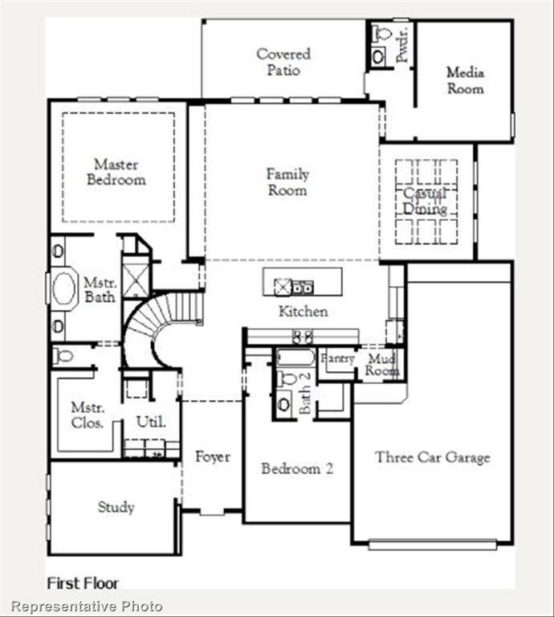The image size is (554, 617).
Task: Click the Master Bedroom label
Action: [x=116, y=172]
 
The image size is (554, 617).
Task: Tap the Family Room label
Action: [x=287, y=182]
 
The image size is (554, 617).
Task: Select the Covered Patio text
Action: [x=283, y=62]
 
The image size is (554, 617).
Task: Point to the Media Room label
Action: [x=465, y=80]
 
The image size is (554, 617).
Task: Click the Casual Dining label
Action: [x=426, y=202]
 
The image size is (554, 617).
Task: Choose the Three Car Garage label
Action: [x=432, y=457]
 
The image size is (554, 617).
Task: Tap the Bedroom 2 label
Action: [x=297, y=468]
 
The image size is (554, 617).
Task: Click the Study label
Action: [x=116, y=507]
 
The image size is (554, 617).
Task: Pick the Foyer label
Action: [x=213, y=457]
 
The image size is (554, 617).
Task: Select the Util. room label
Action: [x=151, y=421]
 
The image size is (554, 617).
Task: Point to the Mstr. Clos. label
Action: [x=87, y=415]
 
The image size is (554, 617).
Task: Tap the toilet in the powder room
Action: [x=381, y=34]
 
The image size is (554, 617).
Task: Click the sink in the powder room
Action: [x=379, y=57]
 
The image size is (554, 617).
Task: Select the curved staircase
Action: [x=161, y=321]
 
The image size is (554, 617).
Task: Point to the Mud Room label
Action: [x=382, y=366]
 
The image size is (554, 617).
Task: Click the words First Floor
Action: [x=83, y=582]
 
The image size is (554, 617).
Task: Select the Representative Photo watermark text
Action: [x=87, y=606]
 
